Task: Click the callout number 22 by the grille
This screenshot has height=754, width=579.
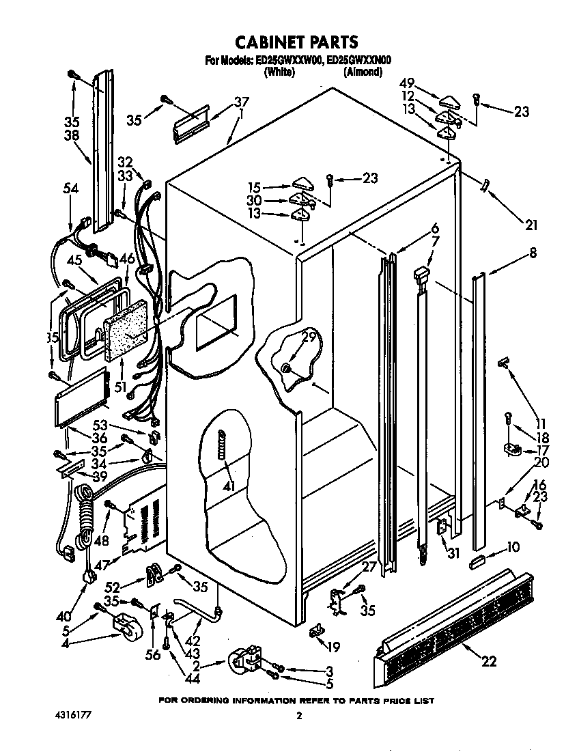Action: coord(489,660)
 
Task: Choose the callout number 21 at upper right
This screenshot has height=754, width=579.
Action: coord(532,225)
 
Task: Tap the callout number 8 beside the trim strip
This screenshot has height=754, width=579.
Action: coord(533,253)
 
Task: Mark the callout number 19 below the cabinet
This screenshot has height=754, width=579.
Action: coord(333,647)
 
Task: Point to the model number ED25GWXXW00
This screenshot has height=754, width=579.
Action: coord(289,61)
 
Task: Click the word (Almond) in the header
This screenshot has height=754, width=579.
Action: coord(362,71)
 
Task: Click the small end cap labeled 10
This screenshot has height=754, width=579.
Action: coord(476,561)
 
